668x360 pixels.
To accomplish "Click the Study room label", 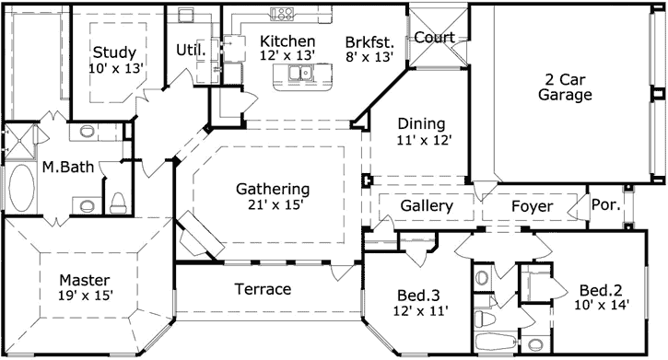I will (x=114, y=52).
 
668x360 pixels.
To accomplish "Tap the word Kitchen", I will (x=287, y=41).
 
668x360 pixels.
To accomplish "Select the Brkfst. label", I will (x=369, y=41).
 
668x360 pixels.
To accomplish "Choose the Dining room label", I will (x=421, y=123).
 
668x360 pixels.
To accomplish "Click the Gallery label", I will (x=427, y=206).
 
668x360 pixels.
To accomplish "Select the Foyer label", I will (x=532, y=206).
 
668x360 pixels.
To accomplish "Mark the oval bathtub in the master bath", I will (x=20, y=189).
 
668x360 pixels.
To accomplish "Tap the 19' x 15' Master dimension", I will (x=84, y=296).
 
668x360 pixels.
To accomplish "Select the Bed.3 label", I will (x=417, y=296).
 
